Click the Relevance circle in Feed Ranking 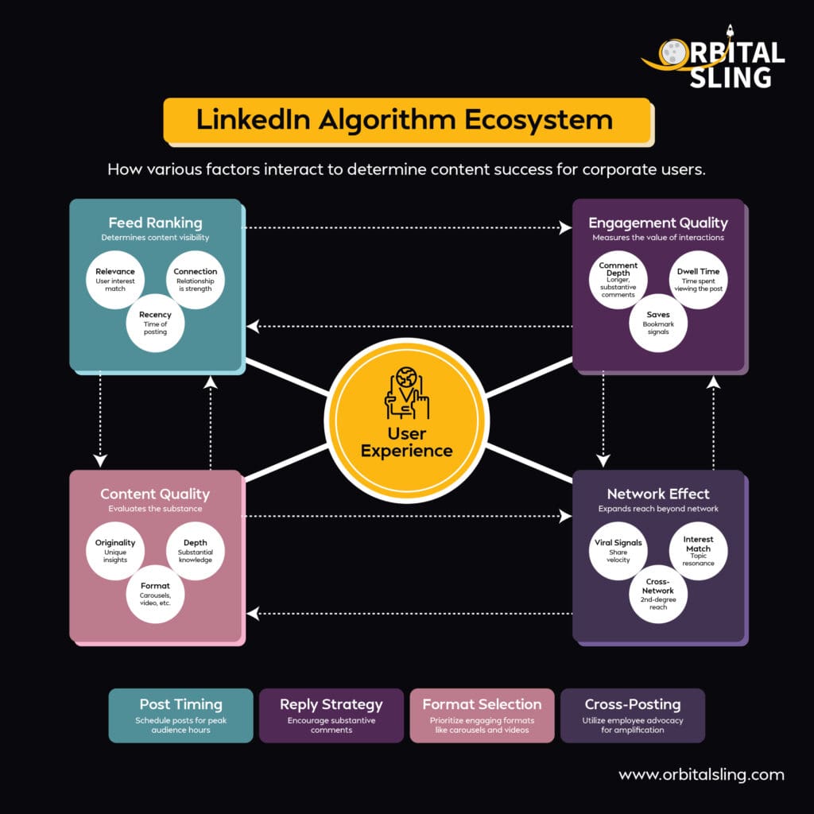coord(114,280)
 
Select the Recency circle coord(155,323)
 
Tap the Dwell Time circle coord(698,280)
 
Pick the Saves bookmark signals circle coord(658,323)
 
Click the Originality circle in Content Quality coord(114,551)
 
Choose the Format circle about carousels coord(155,594)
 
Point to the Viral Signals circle coord(618,551)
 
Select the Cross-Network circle coord(658,594)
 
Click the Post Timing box coord(180,715)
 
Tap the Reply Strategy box coord(331,715)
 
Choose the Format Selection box coord(482,715)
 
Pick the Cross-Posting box coord(632,715)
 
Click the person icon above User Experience coord(406,393)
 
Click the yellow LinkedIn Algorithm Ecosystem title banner coord(408,121)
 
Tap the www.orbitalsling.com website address coord(701,774)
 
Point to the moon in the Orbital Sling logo coord(673,53)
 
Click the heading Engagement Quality coord(658,223)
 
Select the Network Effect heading coord(658,494)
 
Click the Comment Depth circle coord(618,280)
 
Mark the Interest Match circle coord(698,551)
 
